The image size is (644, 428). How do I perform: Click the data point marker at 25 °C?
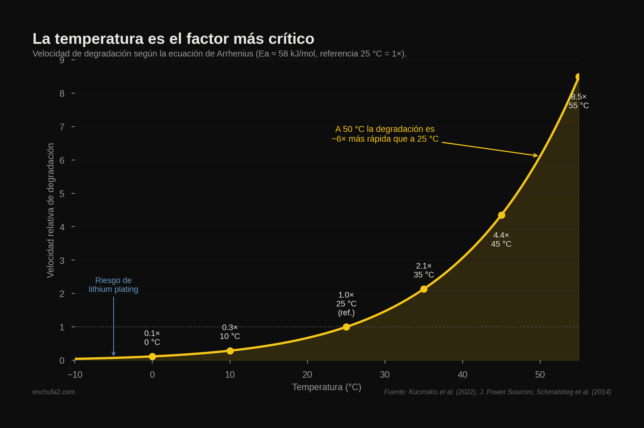click(346, 327)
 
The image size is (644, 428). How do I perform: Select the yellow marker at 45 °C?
click(501, 215)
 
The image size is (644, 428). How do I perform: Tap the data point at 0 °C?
click(152, 356)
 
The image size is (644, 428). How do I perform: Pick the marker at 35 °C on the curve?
click(424, 289)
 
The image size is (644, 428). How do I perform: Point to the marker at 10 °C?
click(230, 351)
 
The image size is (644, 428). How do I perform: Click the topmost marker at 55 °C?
click(578, 77)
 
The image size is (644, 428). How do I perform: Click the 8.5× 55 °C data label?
click(579, 101)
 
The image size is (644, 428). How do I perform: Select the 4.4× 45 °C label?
click(501, 240)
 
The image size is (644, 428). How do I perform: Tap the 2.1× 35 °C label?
click(424, 270)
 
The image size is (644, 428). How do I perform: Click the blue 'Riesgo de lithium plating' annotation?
click(114, 285)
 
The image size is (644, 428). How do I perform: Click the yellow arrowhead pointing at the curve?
click(536, 156)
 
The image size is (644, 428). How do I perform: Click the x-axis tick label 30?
click(385, 375)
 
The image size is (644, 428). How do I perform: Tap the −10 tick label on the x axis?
click(75, 375)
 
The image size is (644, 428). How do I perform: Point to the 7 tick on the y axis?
click(62, 127)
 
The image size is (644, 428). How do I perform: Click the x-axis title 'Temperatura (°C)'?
click(326, 387)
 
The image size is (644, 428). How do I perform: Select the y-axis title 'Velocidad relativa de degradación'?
click(51, 210)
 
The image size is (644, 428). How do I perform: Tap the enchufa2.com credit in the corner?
click(54, 392)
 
